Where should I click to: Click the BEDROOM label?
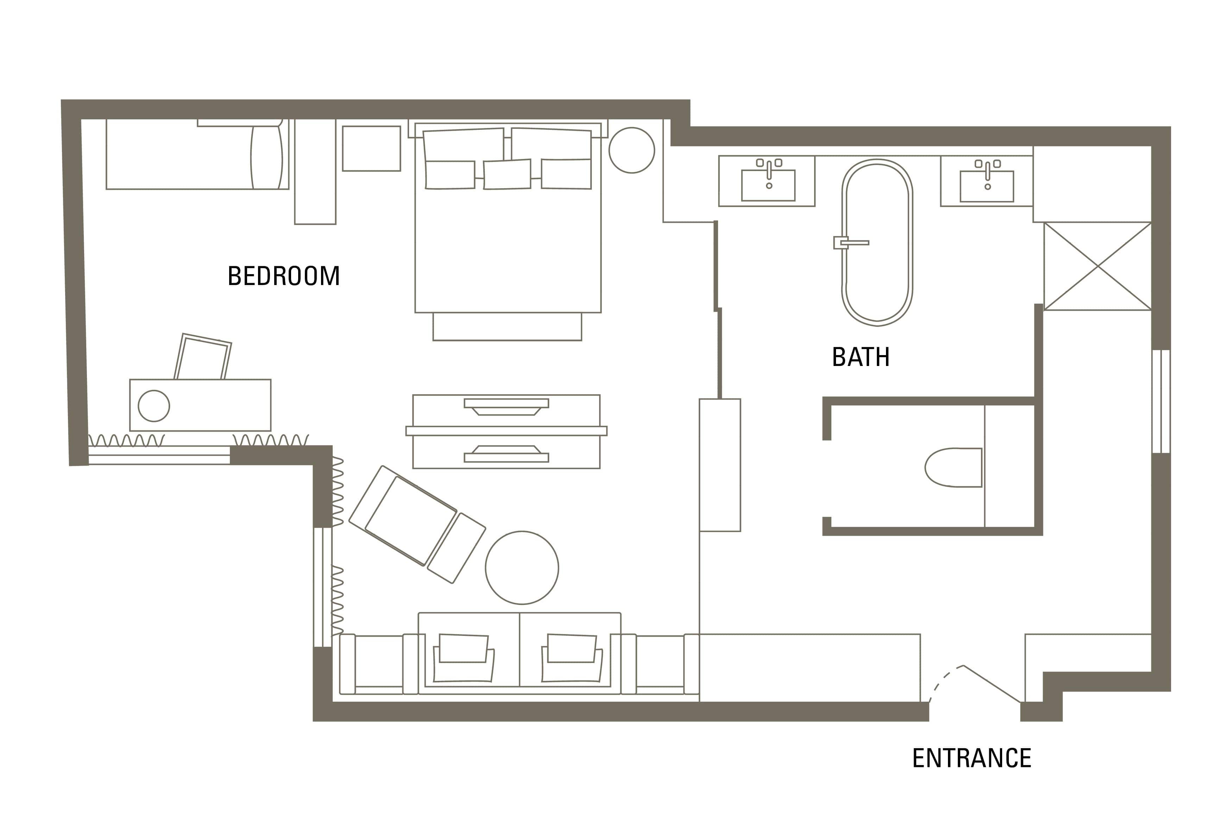point(283,276)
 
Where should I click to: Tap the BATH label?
point(860,357)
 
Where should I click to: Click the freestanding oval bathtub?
point(877,242)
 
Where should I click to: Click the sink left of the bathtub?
point(768,185)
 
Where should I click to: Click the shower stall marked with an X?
point(1098,266)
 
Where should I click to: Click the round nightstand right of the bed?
point(631,150)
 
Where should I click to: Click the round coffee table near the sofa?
point(522,568)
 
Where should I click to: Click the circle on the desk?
point(153,405)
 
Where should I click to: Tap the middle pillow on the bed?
point(507,174)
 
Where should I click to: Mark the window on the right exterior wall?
point(1161,401)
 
